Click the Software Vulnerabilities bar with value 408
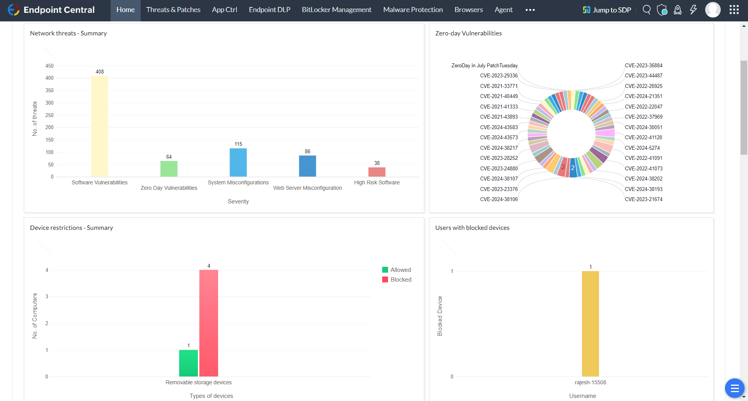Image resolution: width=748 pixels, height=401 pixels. pyautogui.click(x=99, y=126)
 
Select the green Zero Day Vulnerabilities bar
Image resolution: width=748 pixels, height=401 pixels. pyautogui.click(x=169, y=169)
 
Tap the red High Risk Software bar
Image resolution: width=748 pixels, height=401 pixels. pyautogui.click(x=377, y=172)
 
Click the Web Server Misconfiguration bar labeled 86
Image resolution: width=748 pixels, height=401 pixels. pyautogui.click(x=307, y=166)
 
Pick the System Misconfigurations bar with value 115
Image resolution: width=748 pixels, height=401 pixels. pyautogui.click(x=238, y=163)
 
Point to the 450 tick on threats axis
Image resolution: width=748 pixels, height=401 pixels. pyautogui.click(x=49, y=66)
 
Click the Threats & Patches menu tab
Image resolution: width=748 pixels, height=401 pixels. pyautogui.click(x=173, y=10)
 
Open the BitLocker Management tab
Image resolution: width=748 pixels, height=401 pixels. pyautogui.click(x=336, y=10)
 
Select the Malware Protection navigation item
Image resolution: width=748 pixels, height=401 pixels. pyautogui.click(x=413, y=10)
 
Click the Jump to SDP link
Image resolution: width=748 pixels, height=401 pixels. pyautogui.click(x=607, y=10)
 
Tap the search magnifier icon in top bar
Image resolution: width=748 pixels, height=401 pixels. pyautogui.click(x=647, y=10)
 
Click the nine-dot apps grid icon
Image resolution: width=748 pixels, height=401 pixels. pyautogui.click(x=734, y=10)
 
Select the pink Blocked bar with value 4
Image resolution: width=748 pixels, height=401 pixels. pyautogui.click(x=208, y=323)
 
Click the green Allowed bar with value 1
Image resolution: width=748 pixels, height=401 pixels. pyautogui.click(x=188, y=363)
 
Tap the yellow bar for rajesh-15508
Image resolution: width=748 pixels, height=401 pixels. pyautogui.click(x=590, y=324)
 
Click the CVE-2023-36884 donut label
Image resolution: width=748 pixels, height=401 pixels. pyautogui.click(x=644, y=65)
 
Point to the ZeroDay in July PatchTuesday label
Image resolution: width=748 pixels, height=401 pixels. pyautogui.click(x=484, y=65)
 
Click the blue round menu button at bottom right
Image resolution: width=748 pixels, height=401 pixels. pyautogui.click(x=734, y=388)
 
